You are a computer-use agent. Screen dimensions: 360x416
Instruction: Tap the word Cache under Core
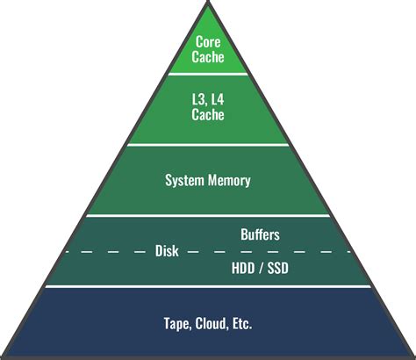tap(208, 57)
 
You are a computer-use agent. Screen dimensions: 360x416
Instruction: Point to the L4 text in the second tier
tap(219, 100)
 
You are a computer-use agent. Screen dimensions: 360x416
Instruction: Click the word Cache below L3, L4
tap(208, 114)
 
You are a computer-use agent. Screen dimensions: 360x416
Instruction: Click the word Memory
tap(229, 181)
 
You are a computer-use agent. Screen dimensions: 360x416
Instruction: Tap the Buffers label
tap(261, 234)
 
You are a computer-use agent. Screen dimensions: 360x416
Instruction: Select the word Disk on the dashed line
tap(167, 251)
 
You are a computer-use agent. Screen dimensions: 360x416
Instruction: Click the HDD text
tap(243, 267)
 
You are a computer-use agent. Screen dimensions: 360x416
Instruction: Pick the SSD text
tap(276, 267)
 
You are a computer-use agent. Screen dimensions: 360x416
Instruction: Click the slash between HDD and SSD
tap(260, 267)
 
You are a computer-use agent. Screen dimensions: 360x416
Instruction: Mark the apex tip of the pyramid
tap(208, 4)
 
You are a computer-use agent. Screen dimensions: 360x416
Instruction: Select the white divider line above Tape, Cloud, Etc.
tap(208, 286)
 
